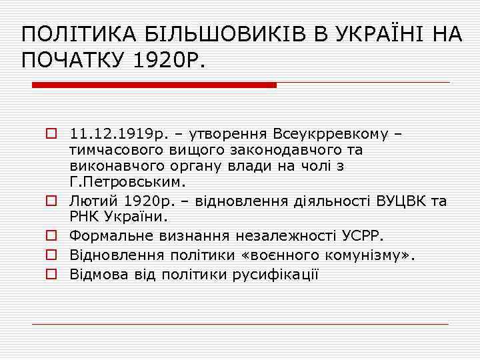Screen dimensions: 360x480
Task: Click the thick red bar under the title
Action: (x=154, y=85)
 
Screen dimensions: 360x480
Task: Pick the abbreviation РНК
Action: (x=83, y=217)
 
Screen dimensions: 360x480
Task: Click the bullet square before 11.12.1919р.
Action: (x=50, y=134)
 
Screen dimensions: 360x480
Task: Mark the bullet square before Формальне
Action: (x=50, y=235)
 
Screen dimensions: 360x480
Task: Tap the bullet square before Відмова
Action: (x=50, y=274)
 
